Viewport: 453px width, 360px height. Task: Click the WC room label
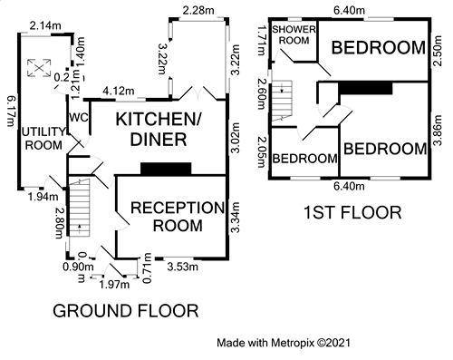[x=79, y=117]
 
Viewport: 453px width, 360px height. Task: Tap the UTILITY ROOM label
[x=43, y=139]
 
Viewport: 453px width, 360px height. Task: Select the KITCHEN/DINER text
[x=158, y=130]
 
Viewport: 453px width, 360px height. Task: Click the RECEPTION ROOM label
[x=178, y=217]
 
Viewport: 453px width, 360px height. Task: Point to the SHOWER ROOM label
[x=294, y=34]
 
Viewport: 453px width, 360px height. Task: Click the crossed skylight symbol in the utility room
[x=39, y=68]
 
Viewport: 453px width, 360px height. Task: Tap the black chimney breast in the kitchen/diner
[x=166, y=169]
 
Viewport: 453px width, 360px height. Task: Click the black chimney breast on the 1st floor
[x=365, y=88]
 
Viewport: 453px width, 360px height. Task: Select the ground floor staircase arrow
[x=80, y=229]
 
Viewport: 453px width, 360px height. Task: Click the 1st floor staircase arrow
[x=282, y=88]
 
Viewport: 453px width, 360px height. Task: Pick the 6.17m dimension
[x=10, y=112]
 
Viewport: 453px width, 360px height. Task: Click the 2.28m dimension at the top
[x=198, y=11]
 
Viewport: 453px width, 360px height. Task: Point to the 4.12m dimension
[x=119, y=91]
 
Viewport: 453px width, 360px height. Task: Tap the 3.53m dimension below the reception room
[x=183, y=267]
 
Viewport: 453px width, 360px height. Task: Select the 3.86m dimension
[x=439, y=131]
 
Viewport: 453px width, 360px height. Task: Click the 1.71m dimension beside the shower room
[x=262, y=41]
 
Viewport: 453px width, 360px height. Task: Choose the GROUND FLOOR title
[x=126, y=311]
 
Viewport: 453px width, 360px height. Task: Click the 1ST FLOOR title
[x=352, y=212]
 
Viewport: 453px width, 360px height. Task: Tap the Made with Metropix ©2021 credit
[x=284, y=343]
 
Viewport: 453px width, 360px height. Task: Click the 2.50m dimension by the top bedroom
[x=439, y=51]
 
